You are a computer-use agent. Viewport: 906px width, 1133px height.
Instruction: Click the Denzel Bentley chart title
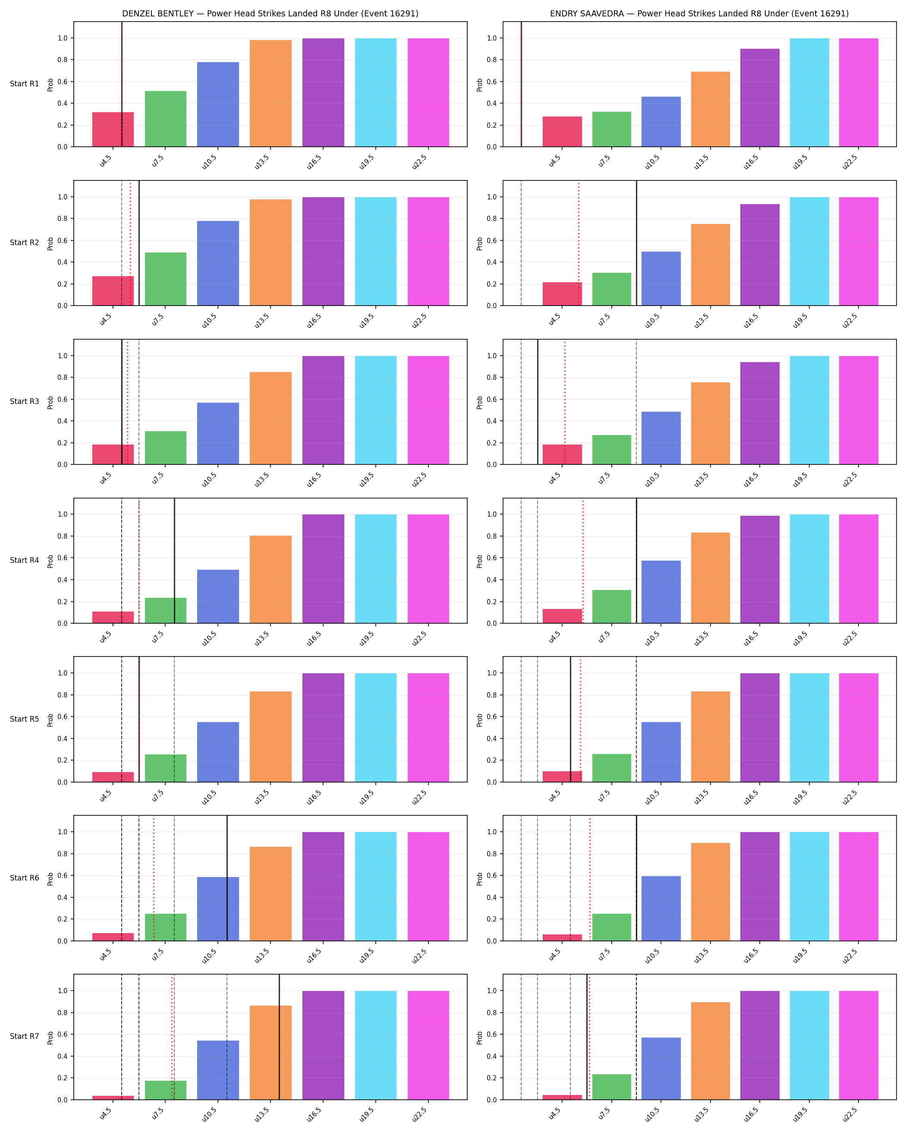[270, 14]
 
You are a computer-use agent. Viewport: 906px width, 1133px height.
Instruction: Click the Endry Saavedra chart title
[699, 14]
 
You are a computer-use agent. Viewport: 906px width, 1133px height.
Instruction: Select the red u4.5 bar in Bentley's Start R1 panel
[113, 129]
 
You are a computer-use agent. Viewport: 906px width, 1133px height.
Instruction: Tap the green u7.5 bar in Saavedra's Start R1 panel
[611, 129]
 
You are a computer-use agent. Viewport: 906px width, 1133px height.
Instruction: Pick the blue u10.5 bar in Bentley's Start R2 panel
[218, 263]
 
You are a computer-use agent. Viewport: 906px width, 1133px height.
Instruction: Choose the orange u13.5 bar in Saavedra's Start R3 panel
[710, 423]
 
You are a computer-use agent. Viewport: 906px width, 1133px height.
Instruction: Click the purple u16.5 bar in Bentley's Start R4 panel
[323, 568]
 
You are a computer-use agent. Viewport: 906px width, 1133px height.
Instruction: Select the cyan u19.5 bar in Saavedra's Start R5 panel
[809, 727]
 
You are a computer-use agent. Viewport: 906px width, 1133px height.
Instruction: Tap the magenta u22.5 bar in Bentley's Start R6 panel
[428, 887]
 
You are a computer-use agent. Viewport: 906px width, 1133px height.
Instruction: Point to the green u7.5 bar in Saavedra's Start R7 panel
[611, 1087]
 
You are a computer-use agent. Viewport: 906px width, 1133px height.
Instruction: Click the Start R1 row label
[24, 84]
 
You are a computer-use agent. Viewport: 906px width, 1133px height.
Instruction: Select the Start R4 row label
[24, 560]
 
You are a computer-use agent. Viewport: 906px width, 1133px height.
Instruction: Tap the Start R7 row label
[24, 1036]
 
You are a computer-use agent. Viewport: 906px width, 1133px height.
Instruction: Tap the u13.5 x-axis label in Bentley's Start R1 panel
[262, 162]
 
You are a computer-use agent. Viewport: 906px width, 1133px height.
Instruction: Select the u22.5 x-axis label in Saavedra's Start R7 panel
[850, 1115]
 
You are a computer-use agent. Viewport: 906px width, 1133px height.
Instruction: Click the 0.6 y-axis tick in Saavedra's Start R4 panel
[491, 558]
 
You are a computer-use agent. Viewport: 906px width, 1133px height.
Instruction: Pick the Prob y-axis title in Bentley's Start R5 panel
[50, 720]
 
